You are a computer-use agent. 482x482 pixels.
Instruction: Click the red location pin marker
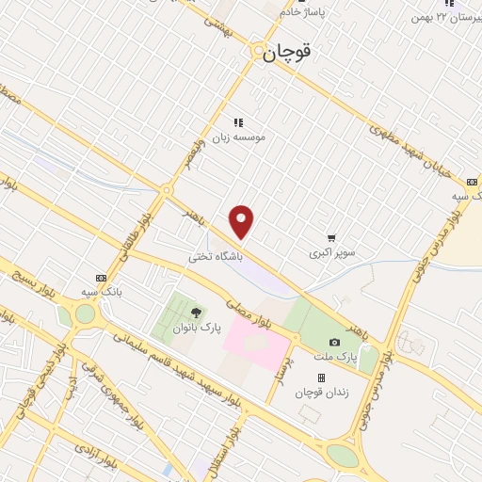coord(242,221)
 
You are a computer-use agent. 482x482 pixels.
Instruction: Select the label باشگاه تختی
coord(216,255)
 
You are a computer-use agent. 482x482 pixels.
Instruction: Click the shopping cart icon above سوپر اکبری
coord(331,238)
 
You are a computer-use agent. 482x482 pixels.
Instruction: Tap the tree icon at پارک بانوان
coord(196,313)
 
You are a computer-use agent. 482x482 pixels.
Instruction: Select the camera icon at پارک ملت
coord(334,343)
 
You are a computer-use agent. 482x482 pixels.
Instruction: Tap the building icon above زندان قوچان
coord(321,378)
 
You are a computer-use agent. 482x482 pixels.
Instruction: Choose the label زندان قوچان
coord(321,393)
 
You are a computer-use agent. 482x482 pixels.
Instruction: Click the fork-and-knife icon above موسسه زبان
coord(238,121)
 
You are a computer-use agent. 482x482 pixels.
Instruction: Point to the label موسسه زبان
coord(238,137)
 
